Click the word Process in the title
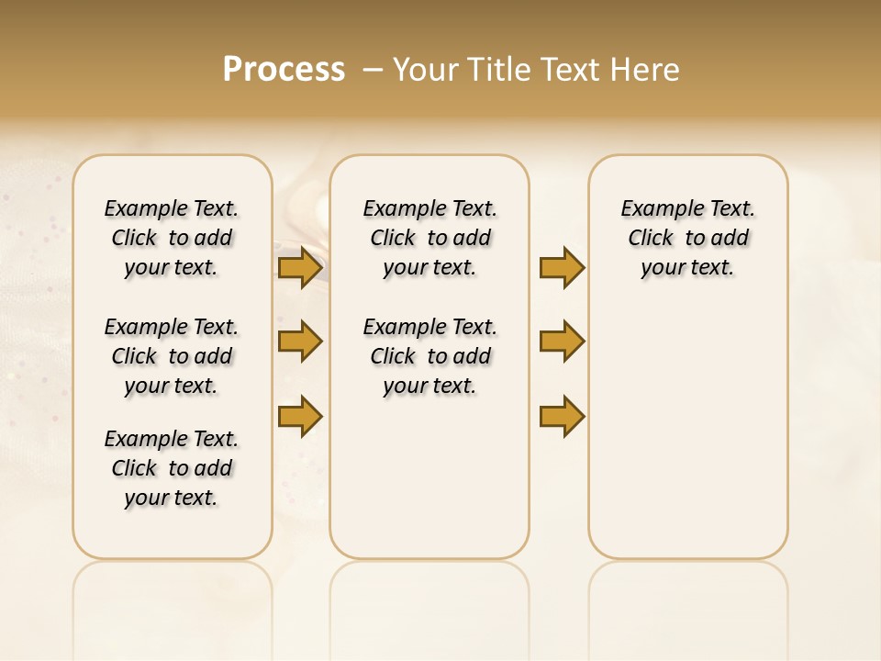pyautogui.click(x=284, y=70)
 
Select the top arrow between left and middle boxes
pyautogui.click(x=299, y=268)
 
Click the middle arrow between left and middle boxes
pyautogui.click(x=299, y=342)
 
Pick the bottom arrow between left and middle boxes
pyautogui.click(x=299, y=416)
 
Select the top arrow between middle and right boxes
pyautogui.click(x=562, y=268)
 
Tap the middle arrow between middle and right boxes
pyautogui.click(x=562, y=342)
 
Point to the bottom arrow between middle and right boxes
pyautogui.click(x=562, y=416)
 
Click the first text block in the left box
pyautogui.click(x=172, y=238)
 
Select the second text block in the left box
pyautogui.click(x=172, y=356)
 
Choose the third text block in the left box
pyautogui.click(x=172, y=468)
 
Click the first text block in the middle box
pyautogui.click(x=429, y=238)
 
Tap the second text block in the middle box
pyautogui.click(x=429, y=356)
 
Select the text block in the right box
pyautogui.click(x=688, y=238)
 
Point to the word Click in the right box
pyautogui.click(x=651, y=239)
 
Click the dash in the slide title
pyautogui.click(x=374, y=70)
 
